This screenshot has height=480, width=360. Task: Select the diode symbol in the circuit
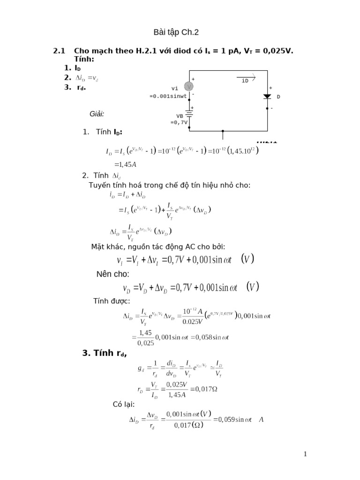267,97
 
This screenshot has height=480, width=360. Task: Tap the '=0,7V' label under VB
179,122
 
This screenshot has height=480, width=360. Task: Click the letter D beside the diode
278,97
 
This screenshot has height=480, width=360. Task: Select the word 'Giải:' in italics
97,114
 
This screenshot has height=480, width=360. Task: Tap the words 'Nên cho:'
112,274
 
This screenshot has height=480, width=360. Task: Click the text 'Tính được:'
112,300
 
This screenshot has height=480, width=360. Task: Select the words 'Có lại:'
124,404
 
